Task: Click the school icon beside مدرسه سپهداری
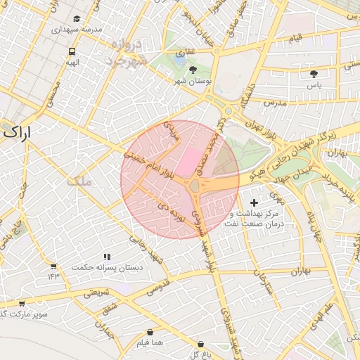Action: (x=77, y=19)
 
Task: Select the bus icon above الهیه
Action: (x=72, y=52)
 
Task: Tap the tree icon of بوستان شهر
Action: (x=193, y=70)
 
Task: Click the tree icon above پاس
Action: (x=314, y=72)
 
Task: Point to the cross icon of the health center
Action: (x=254, y=202)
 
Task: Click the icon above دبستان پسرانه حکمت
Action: (x=107, y=257)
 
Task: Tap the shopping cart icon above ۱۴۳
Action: (x=53, y=266)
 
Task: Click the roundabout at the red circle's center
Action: (x=194, y=185)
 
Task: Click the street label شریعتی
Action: (x=97, y=294)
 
